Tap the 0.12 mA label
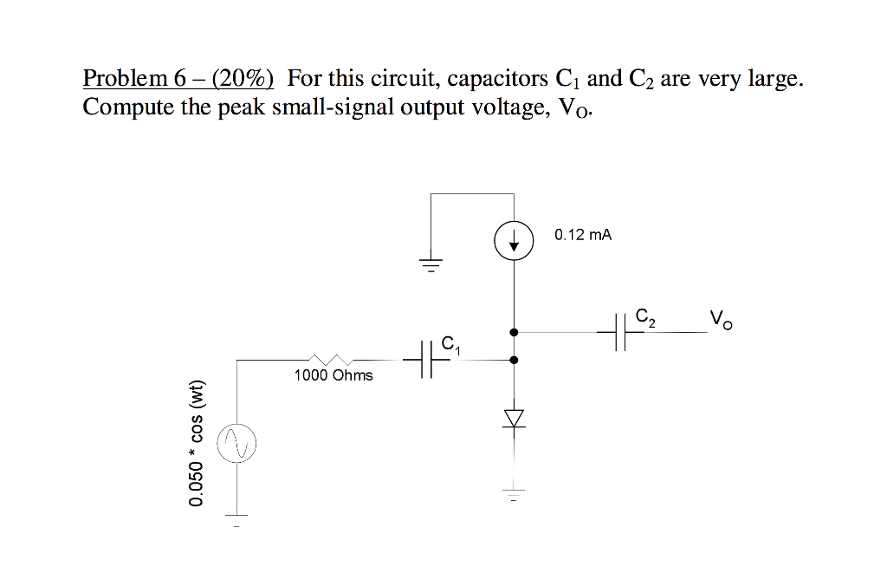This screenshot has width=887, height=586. pos(583,235)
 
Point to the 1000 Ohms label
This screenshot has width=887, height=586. pos(333,375)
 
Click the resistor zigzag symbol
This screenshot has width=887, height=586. pos(330,359)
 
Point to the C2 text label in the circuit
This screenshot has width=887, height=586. pos(645,316)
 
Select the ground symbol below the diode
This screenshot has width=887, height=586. pos(515,496)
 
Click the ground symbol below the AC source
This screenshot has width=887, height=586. pos(236,519)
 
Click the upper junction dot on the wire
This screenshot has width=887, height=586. pos(514,331)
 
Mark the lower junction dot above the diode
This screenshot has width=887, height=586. pos(514,360)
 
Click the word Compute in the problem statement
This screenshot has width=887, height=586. pos(120,108)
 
